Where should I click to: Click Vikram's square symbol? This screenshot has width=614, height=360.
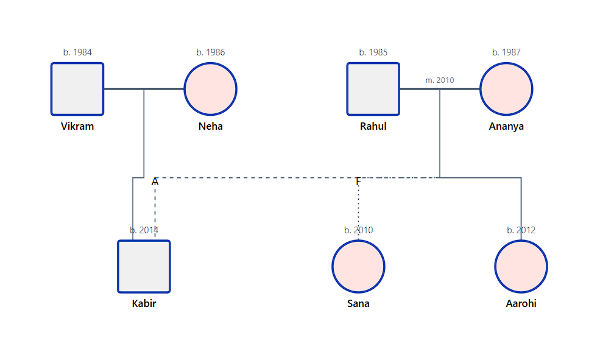[77, 89]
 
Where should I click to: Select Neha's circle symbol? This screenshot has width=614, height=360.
[210, 89]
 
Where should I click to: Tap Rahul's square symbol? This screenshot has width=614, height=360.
[373, 89]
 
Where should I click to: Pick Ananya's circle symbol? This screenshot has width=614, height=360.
[506, 89]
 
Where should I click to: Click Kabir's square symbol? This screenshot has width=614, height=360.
[144, 266]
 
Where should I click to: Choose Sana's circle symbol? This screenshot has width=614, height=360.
[358, 266]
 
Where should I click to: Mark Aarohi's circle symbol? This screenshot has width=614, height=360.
[521, 266]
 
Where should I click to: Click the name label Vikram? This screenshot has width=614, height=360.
[77, 127]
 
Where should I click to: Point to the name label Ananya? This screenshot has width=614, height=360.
[506, 127]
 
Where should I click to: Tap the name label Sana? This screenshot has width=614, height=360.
[358, 304]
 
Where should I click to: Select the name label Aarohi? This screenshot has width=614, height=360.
[521, 304]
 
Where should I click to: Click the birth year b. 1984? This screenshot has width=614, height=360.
[77, 52]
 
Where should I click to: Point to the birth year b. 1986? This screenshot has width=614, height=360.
[210, 52]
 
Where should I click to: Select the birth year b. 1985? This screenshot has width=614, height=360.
[373, 52]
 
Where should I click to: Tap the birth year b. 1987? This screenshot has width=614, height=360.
[506, 52]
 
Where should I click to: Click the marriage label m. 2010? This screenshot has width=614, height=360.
[439, 80]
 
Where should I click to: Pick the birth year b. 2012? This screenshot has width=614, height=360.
[521, 230]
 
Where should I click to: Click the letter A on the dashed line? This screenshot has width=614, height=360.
[155, 182]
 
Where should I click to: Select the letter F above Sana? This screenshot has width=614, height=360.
[358, 182]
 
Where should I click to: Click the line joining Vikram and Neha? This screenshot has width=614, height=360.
[164, 89]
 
